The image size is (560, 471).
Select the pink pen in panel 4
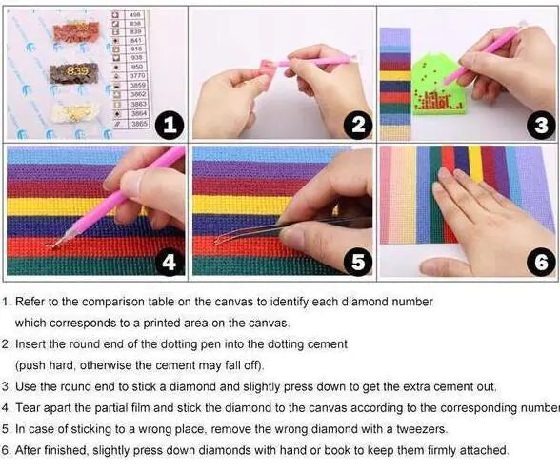114,200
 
